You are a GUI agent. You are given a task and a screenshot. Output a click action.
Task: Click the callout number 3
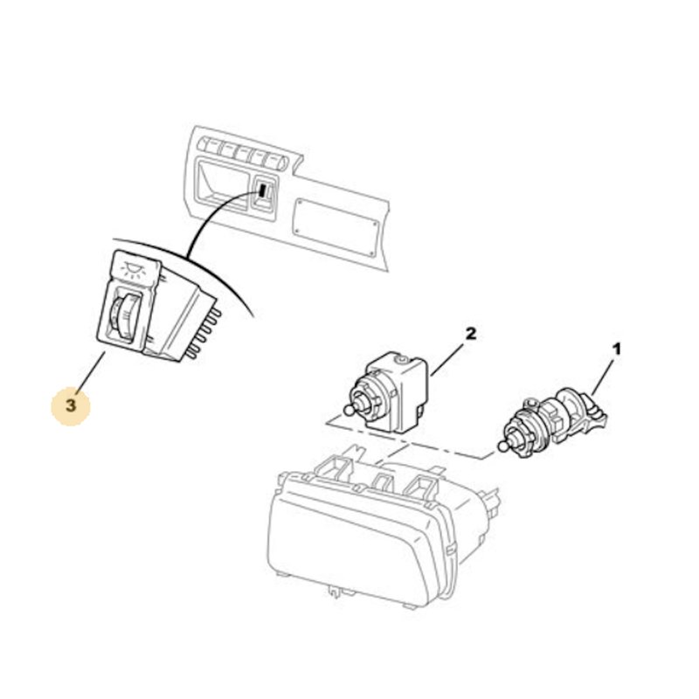(71, 406)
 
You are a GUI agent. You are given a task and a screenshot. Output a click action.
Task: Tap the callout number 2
(471, 334)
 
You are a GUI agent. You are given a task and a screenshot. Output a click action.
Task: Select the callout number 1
(617, 349)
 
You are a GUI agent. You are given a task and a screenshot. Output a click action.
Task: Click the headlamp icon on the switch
(133, 269)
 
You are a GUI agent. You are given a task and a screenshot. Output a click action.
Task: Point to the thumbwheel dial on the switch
(121, 314)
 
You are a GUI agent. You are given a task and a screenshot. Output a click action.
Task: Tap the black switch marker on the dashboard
(264, 191)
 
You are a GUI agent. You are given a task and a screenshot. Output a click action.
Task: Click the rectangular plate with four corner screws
(336, 226)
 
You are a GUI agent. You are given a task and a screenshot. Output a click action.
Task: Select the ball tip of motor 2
(349, 410)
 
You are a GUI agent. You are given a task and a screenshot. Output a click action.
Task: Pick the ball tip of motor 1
(502, 446)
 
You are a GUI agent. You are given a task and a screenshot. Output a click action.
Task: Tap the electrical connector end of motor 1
(597, 416)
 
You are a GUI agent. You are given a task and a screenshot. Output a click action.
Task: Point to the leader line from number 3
(92, 373)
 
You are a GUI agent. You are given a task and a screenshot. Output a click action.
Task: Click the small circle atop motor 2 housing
(404, 358)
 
